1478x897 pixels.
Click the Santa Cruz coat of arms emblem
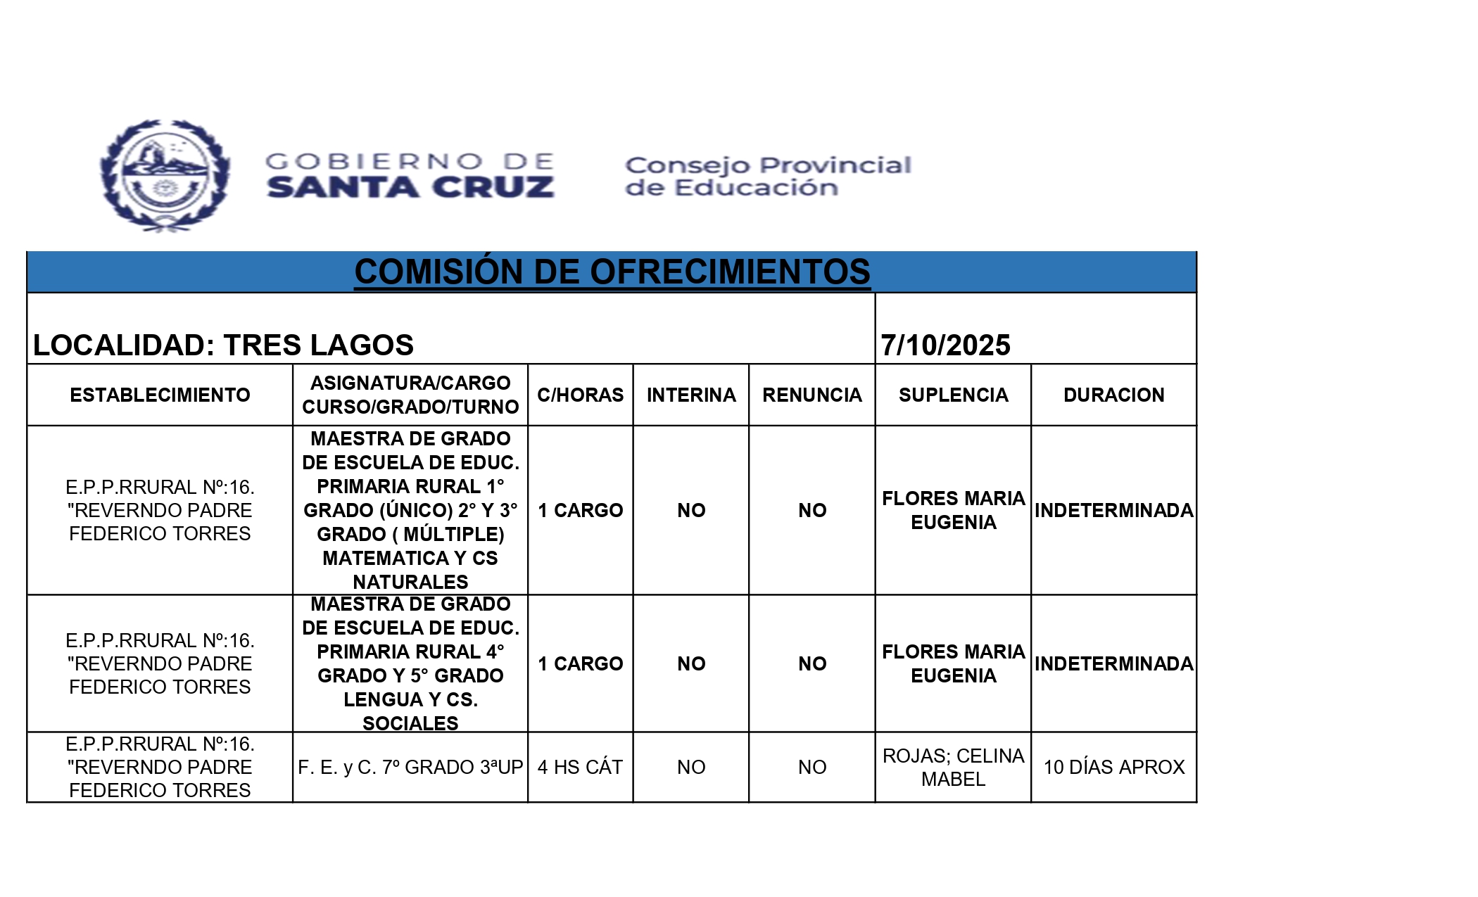pyautogui.click(x=165, y=176)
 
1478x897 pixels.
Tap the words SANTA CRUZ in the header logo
pyautogui.click(x=410, y=188)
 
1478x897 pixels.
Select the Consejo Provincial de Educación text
pyautogui.click(x=768, y=176)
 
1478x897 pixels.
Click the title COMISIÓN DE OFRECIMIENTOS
pyautogui.click(x=612, y=272)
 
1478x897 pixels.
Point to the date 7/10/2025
pyautogui.click(x=945, y=345)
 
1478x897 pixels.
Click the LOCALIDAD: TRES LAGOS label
pyautogui.click(x=223, y=345)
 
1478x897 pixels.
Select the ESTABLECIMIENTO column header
pyautogui.click(x=160, y=395)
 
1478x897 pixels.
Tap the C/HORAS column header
pyautogui.click(x=580, y=395)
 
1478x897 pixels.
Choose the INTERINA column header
pyautogui.click(x=691, y=395)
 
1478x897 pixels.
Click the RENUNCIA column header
pyautogui.click(x=812, y=395)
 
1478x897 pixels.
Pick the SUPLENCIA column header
pyautogui.click(x=953, y=395)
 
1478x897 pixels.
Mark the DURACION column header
pyautogui.click(x=1113, y=395)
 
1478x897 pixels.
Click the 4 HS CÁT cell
pyautogui.click(x=580, y=768)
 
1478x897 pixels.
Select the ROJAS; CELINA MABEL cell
pyautogui.click(x=953, y=768)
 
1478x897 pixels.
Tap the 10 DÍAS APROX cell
pyautogui.click(x=1113, y=768)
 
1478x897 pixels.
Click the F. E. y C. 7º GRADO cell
pyautogui.click(x=410, y=768)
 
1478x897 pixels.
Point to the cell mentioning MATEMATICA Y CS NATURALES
pyautogui.click(x=410, y=511)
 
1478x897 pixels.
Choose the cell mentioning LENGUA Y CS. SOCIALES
pyautogui.click(x=410, y=664)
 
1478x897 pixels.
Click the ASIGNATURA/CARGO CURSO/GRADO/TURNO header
pyautogui.click(x=410, y=395)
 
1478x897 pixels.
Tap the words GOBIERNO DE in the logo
pyautogui.click(x=410, y=162)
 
